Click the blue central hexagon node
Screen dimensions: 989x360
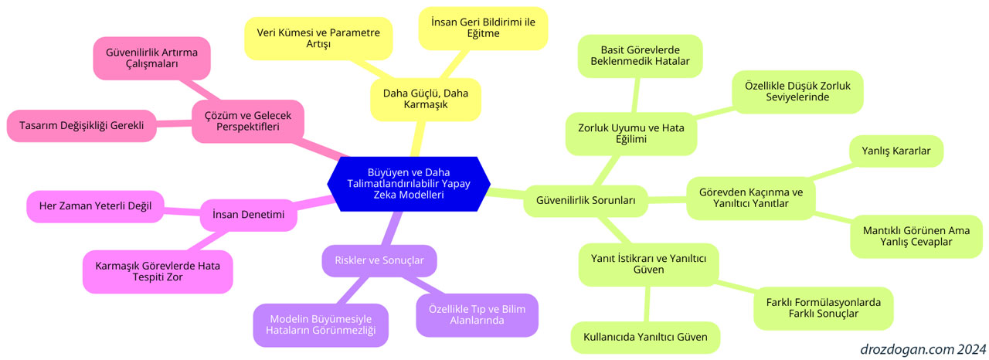pos(409,184)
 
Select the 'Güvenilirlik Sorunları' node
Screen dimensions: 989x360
pos(586,200)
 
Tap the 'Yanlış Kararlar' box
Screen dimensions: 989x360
pos(896,151)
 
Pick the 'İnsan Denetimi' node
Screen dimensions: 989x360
pos(248,215)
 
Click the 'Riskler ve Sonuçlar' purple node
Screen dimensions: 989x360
pos(379,260)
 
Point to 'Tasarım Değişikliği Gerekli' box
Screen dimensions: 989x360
pos(82,126)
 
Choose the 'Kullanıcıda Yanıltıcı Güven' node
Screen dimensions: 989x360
pos(645,337)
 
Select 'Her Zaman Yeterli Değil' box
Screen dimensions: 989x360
pos(95,206)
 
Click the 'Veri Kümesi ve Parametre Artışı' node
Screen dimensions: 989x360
pos(318,39)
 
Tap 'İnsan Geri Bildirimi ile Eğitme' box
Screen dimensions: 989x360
pos(483,29)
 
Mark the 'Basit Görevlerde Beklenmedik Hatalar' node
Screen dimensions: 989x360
pos(640,56)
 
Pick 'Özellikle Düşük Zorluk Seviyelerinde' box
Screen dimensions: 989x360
pos(797,92)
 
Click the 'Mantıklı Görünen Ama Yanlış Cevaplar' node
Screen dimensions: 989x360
pos(916,236)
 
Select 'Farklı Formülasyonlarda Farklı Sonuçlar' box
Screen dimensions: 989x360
pos(823,308)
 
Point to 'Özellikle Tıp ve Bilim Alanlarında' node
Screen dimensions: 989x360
pos(477,315)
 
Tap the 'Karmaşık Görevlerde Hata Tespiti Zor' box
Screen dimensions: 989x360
pos(158,272)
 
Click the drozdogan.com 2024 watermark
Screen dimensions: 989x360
pos(923,349)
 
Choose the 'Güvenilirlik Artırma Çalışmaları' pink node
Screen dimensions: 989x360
pos(151,58)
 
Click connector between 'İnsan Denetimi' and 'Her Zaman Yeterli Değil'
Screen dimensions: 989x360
pos(182,212)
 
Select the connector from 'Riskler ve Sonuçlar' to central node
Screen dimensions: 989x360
pos(391,228)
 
